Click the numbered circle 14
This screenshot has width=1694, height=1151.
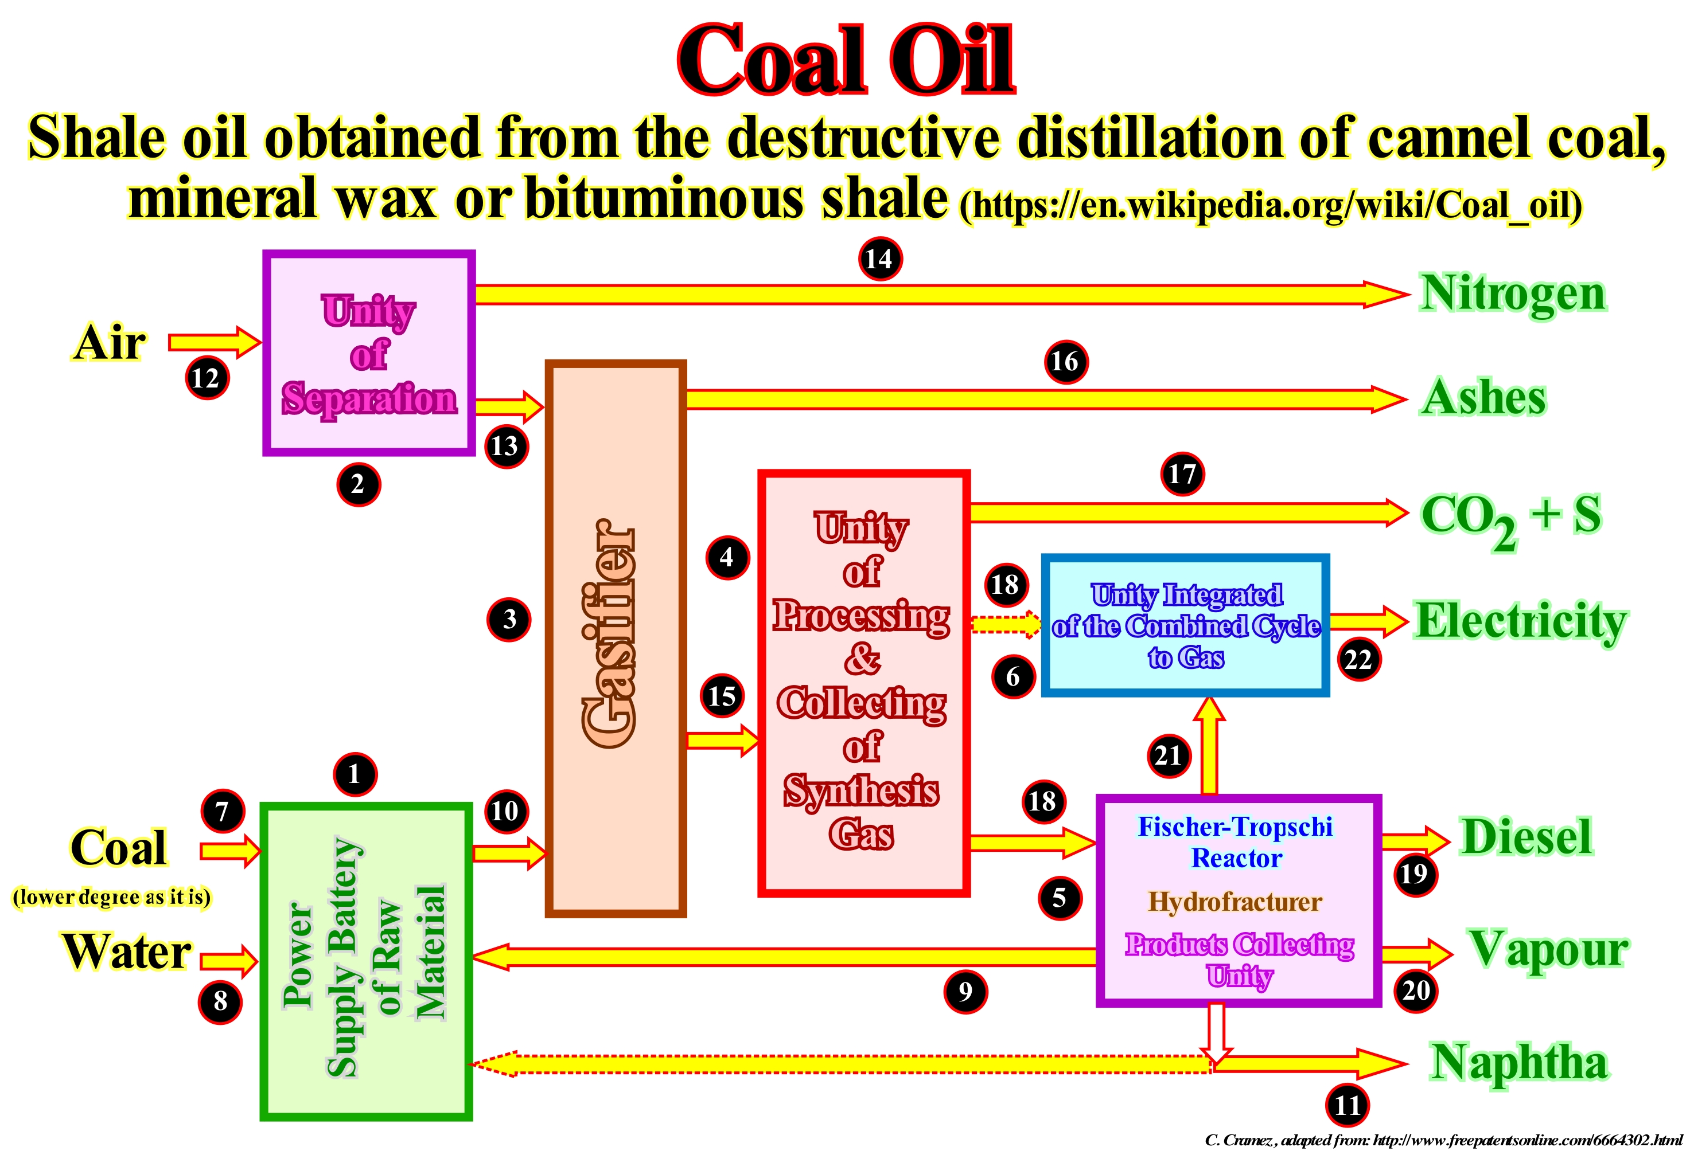pos(879,259)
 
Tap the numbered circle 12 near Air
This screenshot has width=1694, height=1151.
pos(207,378)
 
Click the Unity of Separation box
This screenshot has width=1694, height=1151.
pos(369,353)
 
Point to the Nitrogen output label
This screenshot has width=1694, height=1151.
pos(1513,293)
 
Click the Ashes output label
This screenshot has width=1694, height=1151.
pos(1483,398)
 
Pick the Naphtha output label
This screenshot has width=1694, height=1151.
pos(1519,1062)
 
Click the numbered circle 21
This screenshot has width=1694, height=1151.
pos(1169,755)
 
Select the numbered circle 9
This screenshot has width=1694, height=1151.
pos(965,992)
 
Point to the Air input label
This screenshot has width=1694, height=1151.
pos(110,342)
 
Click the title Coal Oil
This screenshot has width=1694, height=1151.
pos(846,60)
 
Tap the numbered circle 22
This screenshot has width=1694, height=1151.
pos(1358,659)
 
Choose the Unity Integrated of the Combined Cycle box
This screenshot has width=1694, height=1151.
pos(1185,625)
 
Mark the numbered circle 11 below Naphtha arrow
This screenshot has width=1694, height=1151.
pos(1347,1105)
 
